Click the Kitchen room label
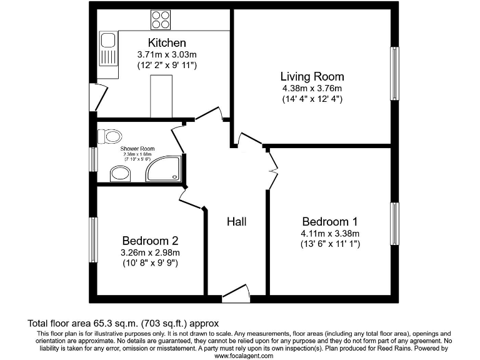(166, 43)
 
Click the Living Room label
(312, 77)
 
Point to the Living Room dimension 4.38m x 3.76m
(312, 88)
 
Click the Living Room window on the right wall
(394, 73)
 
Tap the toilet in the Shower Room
(111, 135)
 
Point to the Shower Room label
(137, 149)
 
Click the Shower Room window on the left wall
(92, 159)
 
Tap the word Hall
(236, 222)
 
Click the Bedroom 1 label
(330, 222)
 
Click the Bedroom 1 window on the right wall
(394, 224)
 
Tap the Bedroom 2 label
(151, 241)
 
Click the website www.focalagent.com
(244, 355)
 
